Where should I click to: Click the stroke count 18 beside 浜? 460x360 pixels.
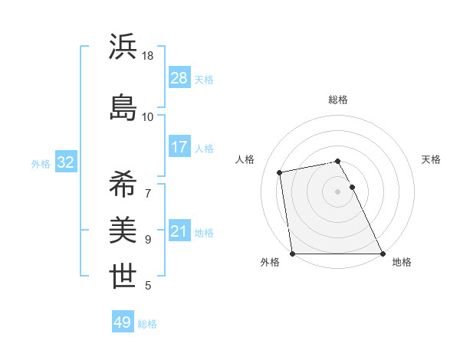(148, 56)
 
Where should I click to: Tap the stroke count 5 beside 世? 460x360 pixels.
(148, 286)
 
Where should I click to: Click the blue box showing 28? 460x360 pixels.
(179, 77)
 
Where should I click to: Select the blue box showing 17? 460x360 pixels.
(179, 146)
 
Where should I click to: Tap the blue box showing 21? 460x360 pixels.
(179, 231)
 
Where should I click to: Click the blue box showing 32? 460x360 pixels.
(66, 162)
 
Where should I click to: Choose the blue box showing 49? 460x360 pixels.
(123, 322)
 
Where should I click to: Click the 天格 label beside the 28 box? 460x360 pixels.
(204, 79)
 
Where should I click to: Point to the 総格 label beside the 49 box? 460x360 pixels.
(147, 324)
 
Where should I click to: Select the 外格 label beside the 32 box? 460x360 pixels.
(41, 164)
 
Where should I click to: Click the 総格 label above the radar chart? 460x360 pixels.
(338, 100)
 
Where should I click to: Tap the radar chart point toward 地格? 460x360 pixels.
(383, 254)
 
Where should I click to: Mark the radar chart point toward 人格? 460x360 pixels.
(280, 172)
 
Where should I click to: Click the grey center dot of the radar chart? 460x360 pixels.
(338, 191)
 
